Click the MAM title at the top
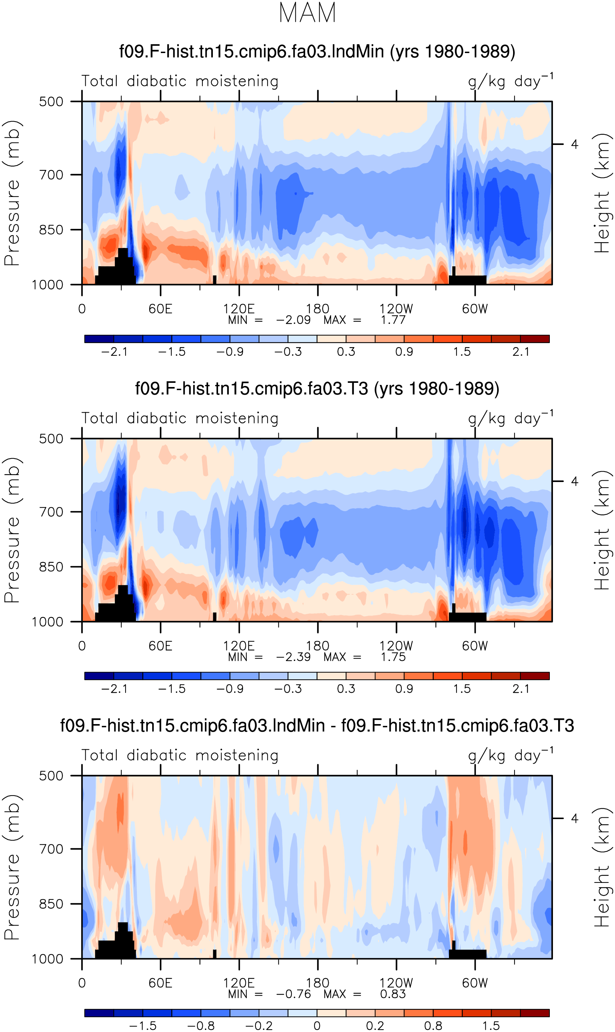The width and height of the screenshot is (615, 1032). (307, 13)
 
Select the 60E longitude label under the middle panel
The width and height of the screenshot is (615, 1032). (161, 646)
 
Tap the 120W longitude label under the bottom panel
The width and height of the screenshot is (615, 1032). (396, 983)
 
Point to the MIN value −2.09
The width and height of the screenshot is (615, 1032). (293, 320)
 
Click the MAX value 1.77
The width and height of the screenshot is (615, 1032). (393, 320)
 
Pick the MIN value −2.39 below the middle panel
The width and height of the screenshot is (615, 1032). (293, 657)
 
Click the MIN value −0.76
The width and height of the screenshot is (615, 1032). (293, 994)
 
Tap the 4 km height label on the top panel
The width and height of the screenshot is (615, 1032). (574, 144)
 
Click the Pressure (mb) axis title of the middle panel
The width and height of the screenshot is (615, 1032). (12, 530)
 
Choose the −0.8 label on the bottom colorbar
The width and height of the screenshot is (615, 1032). (201, 1026)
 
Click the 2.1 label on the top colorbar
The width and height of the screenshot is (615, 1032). (520, 352)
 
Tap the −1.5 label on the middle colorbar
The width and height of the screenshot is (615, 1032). (172, 689)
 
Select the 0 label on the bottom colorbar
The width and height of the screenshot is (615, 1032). (317, 1026)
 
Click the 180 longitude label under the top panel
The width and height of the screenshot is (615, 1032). (318, 309)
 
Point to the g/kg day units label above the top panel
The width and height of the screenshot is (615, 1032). (511, 81)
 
